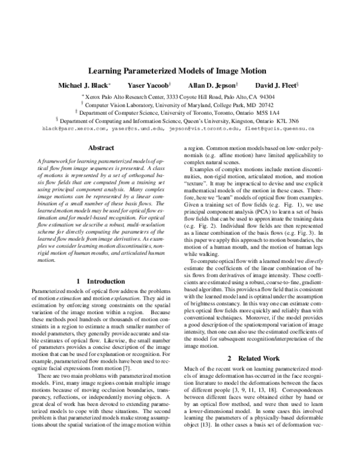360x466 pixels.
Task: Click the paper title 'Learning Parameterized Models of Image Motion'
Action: [179, 71]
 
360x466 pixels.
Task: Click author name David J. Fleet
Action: [272, 85]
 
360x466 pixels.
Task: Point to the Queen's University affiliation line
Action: [179, 120]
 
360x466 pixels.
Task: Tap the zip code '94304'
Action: [267, 96]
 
